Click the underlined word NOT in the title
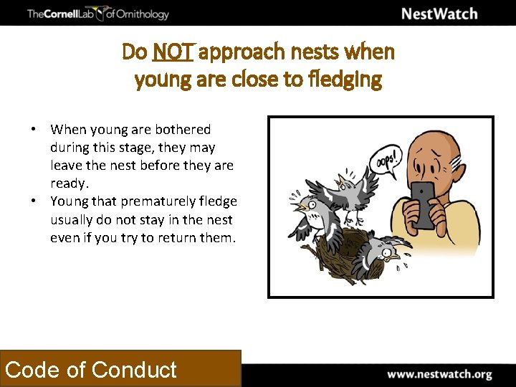point(173,52)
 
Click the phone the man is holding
point(422,204)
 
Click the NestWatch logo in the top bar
point(439,14)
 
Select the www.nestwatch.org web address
point(439,374)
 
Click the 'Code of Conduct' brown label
point(91,369)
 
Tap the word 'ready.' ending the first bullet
point(69,183)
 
